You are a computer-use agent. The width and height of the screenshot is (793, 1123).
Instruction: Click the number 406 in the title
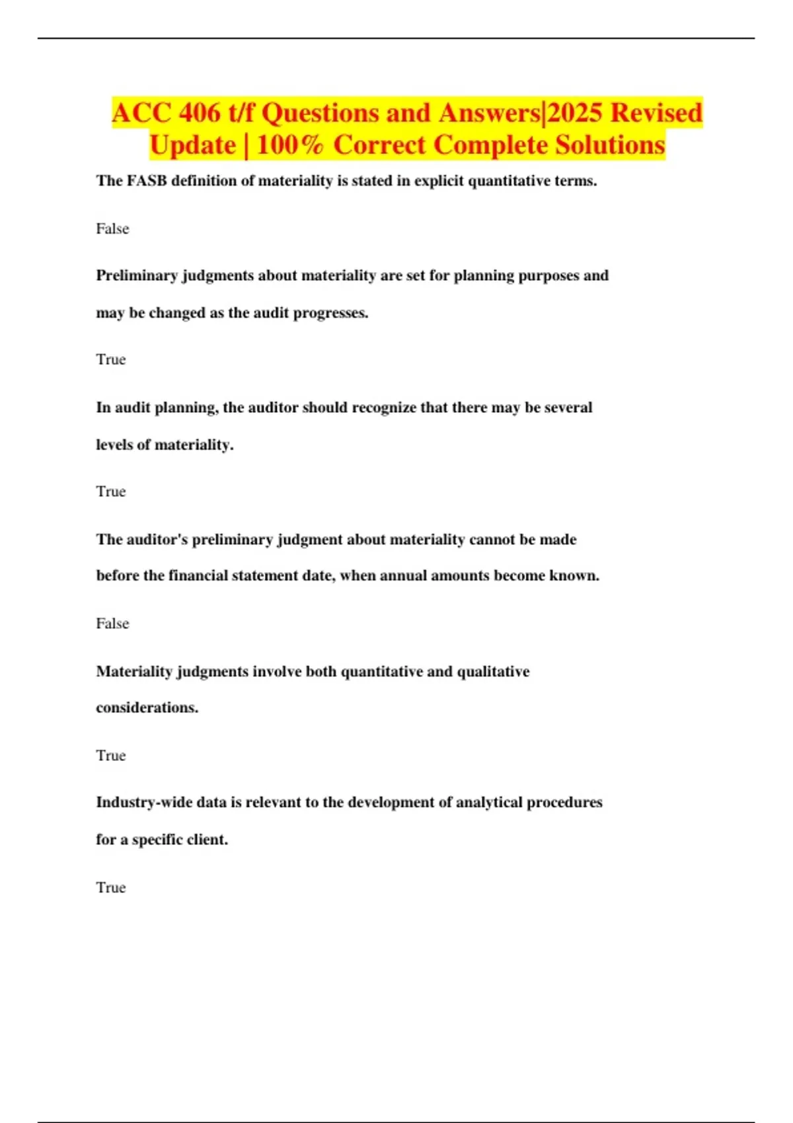(x=200, y=113)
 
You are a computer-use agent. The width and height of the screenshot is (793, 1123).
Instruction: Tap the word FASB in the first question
(x=147, y=181)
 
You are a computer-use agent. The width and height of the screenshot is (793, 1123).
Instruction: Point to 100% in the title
(x=290, y=145)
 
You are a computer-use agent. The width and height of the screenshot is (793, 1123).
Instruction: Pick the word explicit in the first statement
(x=439, y=181)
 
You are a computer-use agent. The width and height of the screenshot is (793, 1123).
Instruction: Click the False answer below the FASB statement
(x=112, y=229)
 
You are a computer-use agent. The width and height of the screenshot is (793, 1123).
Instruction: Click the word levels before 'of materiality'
(x=114, y=445)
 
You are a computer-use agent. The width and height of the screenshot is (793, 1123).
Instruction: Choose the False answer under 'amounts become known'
(x=112, y=624)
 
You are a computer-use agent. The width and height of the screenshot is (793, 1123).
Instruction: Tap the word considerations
(x=147, y=708)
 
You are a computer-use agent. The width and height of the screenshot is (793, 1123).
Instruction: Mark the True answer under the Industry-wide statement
(x=110, y=888)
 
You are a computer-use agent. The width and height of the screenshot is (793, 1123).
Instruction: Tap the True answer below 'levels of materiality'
(x=110, y=491)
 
